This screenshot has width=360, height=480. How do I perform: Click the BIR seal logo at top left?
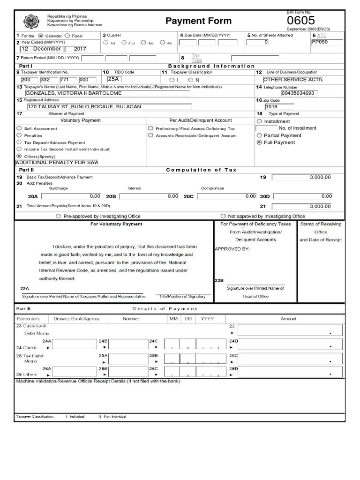(30, 22)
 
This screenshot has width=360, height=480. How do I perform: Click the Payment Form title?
(198, 21)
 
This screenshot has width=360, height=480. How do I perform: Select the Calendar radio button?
(40, 36)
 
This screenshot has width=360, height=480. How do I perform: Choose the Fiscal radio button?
(67, 36)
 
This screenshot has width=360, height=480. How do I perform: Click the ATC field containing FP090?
(326, 42)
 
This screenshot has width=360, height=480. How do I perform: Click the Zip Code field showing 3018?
(281, 106)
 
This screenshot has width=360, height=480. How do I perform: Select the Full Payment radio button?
(259, 142)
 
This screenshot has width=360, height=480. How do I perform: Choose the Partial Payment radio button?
(259, 135)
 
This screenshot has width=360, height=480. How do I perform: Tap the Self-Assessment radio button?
(19, 128)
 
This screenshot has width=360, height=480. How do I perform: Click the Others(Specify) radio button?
(19, 156)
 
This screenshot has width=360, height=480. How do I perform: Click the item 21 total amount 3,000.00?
(301, 206)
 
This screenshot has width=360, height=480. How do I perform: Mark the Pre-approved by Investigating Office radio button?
(58, 217)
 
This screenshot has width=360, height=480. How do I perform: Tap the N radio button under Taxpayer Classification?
(191, 80)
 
